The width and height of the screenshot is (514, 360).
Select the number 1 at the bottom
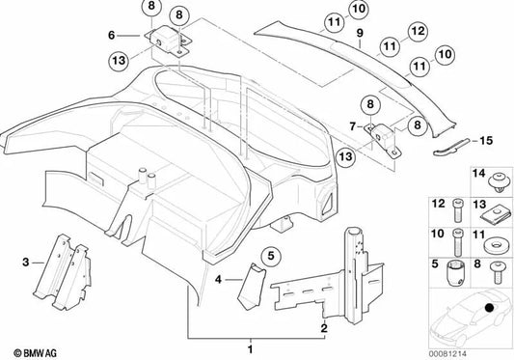[x=252, y=346]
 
